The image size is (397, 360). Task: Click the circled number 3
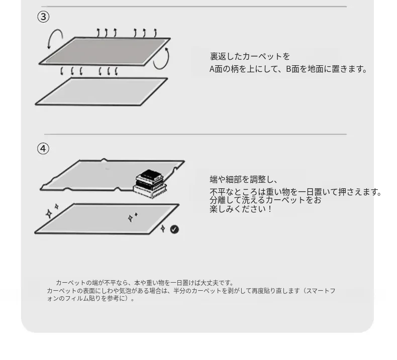tap(43, 17)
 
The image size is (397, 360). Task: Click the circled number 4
tap(43, 149)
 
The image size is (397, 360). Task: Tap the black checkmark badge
tap(174, 229)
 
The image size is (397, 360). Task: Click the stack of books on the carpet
tap(150, 184)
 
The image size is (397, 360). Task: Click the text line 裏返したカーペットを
tap(250, 56)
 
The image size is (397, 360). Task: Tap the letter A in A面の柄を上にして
tap(212, 69)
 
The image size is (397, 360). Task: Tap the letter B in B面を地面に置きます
tap(288, 69)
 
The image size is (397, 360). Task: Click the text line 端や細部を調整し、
tap(244, 179)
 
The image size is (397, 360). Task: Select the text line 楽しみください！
tap(241, 209)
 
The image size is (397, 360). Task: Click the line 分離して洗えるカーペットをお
tap(265, 200)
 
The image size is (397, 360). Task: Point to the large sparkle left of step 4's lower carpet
tap(49, 214)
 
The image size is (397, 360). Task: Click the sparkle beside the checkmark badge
tap(163, 228)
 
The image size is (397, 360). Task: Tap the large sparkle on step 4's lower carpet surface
tap(130, 218)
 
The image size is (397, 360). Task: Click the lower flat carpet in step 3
tap(102, 91)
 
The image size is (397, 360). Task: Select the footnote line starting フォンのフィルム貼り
tap(90, 299)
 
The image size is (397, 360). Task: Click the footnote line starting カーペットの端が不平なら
tap(144, 283)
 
